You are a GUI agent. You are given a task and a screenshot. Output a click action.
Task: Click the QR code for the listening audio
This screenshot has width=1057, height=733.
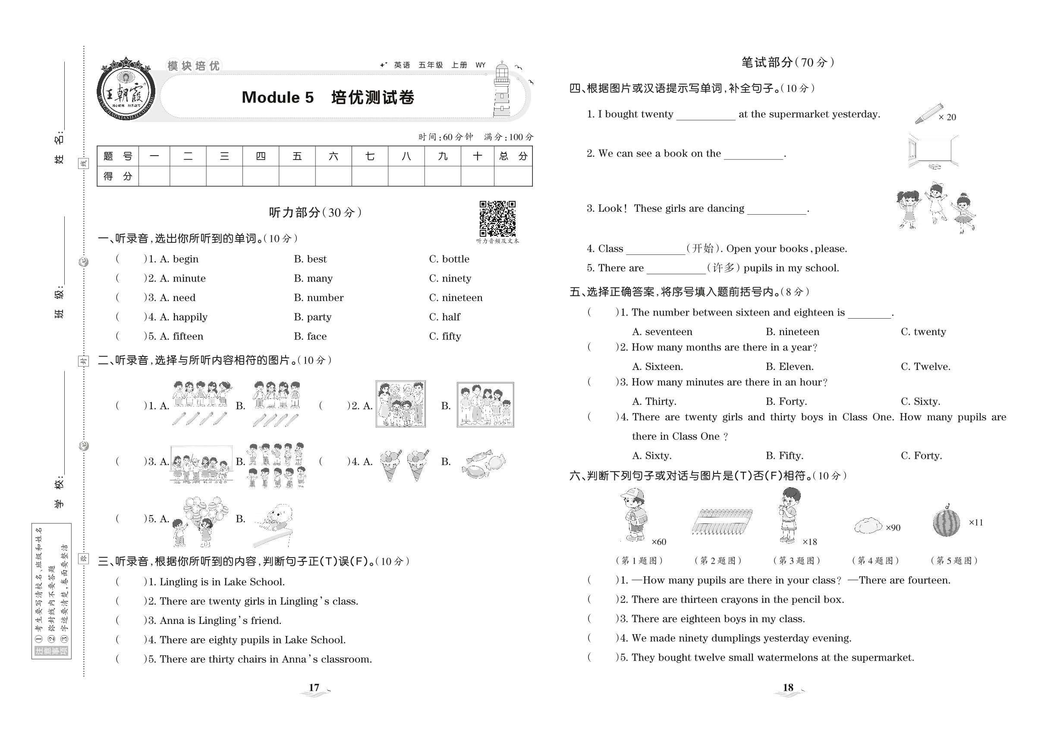click(497, 218)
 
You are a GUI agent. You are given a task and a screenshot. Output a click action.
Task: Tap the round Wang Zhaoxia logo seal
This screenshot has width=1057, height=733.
click(126, 90)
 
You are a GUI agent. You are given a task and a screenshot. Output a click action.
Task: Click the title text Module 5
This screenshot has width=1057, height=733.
click(277, 97)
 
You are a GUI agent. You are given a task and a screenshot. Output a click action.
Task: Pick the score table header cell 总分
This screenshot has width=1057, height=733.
click(513, 156)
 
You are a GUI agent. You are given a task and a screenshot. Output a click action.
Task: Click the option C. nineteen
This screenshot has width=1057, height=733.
click(456, 298)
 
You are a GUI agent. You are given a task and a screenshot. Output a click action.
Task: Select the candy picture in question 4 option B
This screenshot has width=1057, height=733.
click(484, 463)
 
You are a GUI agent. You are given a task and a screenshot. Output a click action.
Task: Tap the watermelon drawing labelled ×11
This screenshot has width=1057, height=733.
click(946, 522)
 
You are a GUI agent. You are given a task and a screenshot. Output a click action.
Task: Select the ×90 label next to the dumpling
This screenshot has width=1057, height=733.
click(893, 528)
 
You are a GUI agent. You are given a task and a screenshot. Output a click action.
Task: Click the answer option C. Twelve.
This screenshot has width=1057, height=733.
click(925, 366)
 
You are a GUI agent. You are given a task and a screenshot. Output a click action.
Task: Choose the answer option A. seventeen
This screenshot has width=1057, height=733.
click(662, 332)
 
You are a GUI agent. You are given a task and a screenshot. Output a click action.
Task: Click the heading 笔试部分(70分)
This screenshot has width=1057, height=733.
click(788, 63)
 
